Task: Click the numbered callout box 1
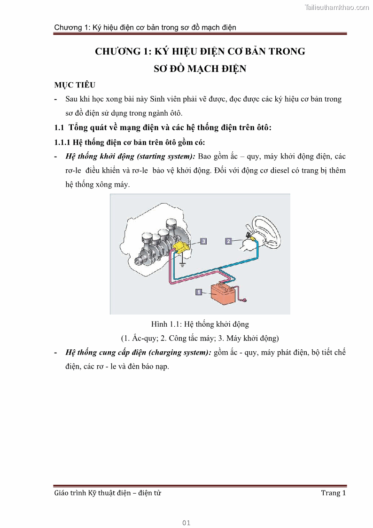(198, 292)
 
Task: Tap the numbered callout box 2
(228, 241)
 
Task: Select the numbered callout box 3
(203, 241)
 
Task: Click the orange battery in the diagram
(223, 294)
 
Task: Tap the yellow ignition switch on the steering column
(253, 239)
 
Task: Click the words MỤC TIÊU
(75, 85)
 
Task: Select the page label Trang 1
(333, 493)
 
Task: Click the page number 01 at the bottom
(186, 522)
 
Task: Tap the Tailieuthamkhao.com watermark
(337, 7)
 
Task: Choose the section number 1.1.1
(64, 142)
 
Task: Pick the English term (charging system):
(181, 352)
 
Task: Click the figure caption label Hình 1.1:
(167, 324)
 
